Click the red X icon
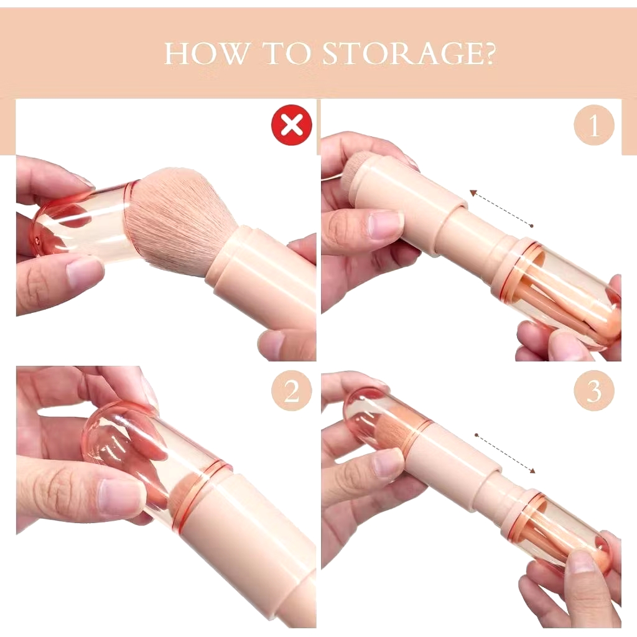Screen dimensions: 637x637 click(292, 124)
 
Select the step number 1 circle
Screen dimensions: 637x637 click(594, 124)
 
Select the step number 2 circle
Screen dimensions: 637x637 click(292, 391)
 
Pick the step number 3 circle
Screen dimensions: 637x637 click(594, 391)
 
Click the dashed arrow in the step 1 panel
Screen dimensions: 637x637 click(501, 208)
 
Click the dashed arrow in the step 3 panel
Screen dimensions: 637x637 click(505, 453)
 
